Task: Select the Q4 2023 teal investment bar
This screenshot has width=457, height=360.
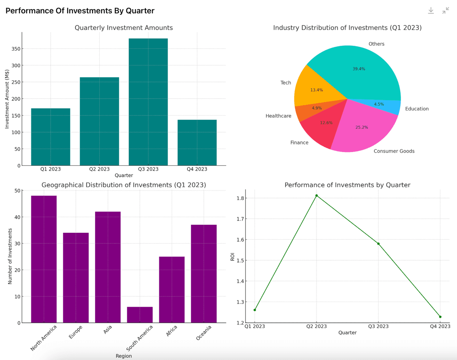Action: [x=197, y=143]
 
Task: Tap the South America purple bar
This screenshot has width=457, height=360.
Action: [x=140, y=315]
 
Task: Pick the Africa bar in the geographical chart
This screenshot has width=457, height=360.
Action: [x=172, y=290]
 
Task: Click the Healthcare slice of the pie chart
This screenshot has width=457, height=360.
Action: [x=308, y=111]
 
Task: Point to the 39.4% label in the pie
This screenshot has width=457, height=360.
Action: [x=359, y=69]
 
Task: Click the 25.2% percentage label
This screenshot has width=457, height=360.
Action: [x=362, y=127]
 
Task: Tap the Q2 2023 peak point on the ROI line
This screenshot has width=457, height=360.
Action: [x=316, y=195]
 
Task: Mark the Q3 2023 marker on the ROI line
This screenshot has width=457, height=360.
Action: [x=378, y=243]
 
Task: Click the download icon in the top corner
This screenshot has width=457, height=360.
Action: [x=431, y=11]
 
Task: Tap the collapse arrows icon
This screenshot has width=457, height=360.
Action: [x=446, y=11]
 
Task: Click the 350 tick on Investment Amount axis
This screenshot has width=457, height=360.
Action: [x=16, y=49]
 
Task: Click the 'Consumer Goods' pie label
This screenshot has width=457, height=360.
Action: [x=394, y=151]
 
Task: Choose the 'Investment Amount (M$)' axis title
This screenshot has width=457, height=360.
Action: [x=7, y=99]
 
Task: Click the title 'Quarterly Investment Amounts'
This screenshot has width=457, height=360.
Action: [x=124, y=28]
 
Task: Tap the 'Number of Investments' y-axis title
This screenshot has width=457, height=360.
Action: [x=10, y=256]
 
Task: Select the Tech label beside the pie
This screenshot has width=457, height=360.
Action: [x=286, y=83]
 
